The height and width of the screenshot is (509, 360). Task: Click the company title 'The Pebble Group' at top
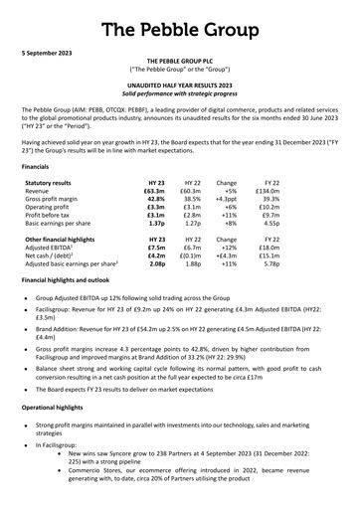click(180, 19)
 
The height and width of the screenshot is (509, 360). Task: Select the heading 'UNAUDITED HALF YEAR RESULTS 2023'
click(180, 84)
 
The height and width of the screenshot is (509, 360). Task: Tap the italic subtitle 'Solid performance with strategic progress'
click(180, 93)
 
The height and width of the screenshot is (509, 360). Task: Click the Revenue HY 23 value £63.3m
click(154, 195)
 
